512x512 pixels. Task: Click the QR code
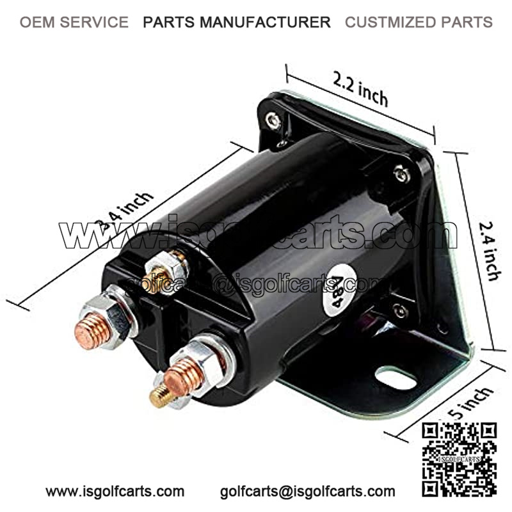[460, 458]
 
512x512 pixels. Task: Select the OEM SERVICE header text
[74, 22]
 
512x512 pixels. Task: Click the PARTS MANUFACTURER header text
[237, 22]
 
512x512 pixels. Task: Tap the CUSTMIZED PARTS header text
[419, 22]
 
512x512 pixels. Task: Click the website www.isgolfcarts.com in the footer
[115, 492]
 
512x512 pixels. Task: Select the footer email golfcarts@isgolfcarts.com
[307, 492]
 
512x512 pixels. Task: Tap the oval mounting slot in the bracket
[396, 376]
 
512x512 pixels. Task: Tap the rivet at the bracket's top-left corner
[273, 119]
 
